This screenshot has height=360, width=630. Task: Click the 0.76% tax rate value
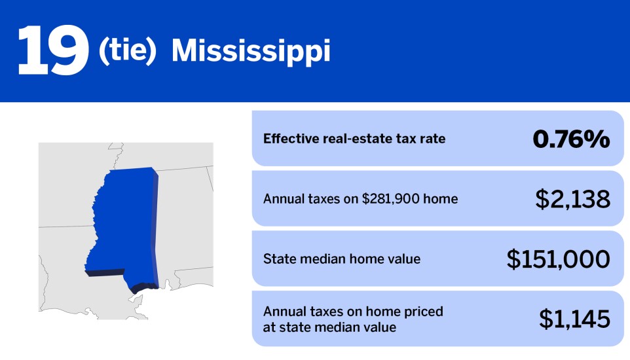(570, 139)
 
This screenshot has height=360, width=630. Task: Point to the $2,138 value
(573, 199)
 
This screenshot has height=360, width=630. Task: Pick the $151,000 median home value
(559, 259)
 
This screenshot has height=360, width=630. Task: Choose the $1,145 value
(574, 319)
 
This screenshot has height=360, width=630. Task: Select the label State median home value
(342, 259)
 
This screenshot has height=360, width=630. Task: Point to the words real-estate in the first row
(354, 139)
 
